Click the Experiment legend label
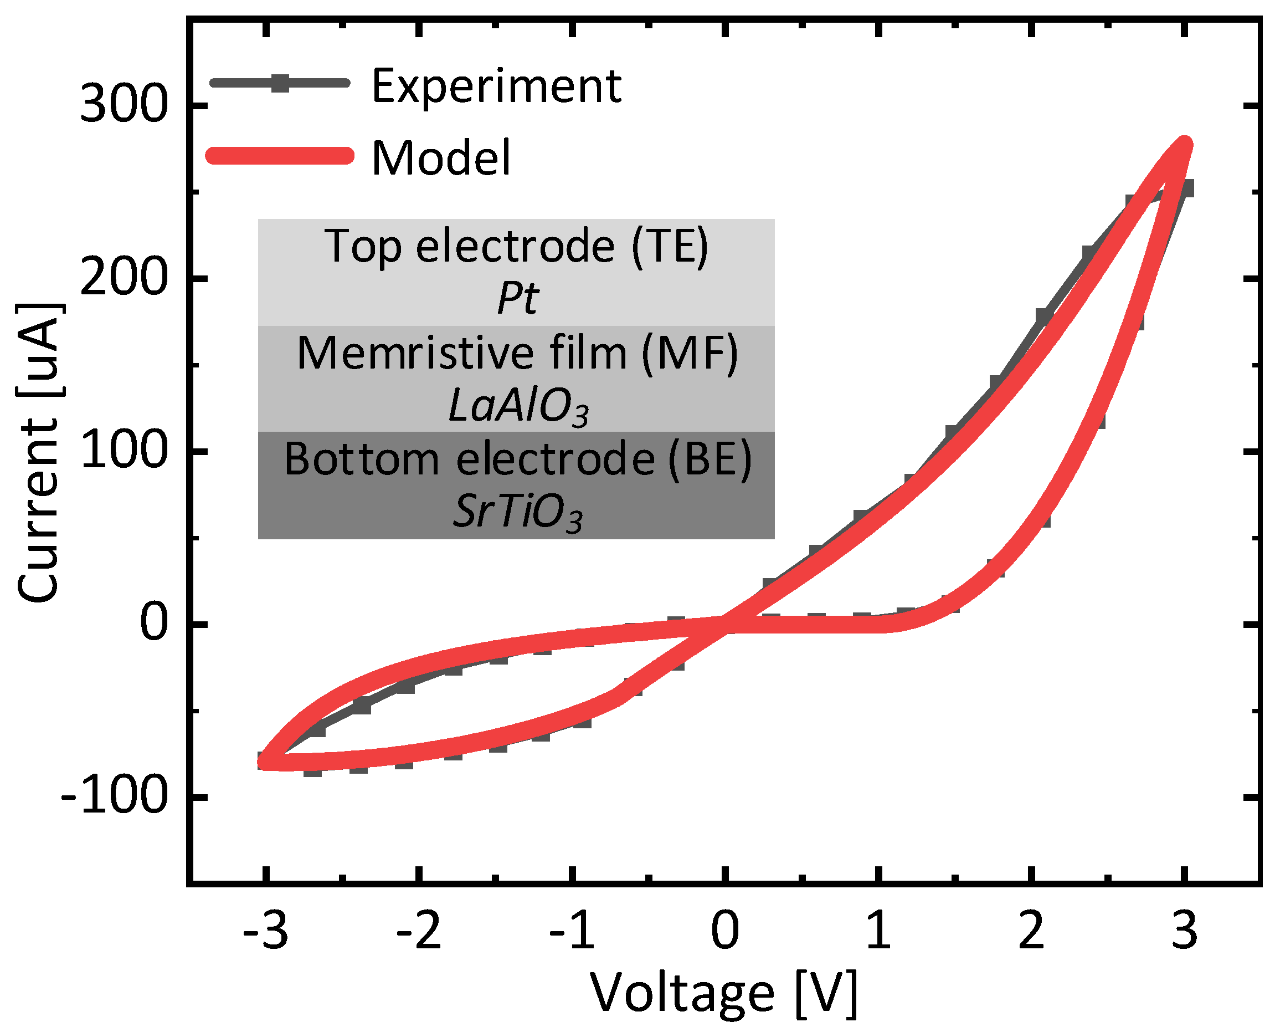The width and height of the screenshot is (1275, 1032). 496,87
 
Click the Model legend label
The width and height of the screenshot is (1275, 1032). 441,158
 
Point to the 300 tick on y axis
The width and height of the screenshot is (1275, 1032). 123,105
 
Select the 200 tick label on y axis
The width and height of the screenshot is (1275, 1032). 123,277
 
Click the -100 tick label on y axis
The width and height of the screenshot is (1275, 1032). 114,796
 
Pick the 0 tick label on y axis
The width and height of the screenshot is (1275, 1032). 154,624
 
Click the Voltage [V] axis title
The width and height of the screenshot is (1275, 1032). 724,993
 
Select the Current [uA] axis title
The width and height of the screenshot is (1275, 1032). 39,452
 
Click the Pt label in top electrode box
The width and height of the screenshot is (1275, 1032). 517,298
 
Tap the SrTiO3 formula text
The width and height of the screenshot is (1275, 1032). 517,513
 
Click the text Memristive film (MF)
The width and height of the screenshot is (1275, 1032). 517,353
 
